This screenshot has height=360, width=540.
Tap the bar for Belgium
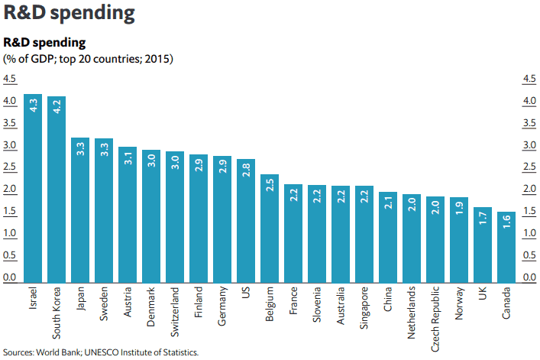(x=269, y=229)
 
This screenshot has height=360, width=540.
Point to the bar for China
(x=387, y=238)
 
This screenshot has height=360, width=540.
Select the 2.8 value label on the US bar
(x=246, y=172)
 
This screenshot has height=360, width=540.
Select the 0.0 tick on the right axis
(x=528, y=277)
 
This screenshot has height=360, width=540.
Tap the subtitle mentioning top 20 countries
(x=89, y=58)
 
